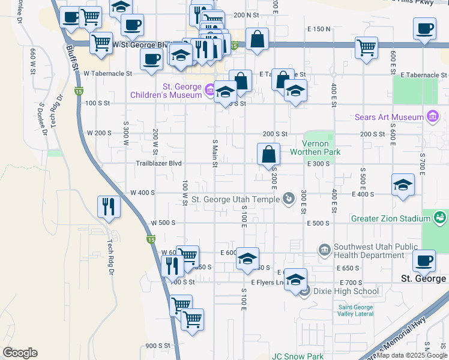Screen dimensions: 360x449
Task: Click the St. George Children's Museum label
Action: [x=166, y=91]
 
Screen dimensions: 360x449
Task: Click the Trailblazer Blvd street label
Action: [x=158, y=163]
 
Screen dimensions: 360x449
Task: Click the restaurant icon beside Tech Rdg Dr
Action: [x=108, y=206]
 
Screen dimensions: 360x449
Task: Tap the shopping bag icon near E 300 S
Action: [x=268, y=154]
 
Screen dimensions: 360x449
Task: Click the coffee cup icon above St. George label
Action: [x=424, y=260]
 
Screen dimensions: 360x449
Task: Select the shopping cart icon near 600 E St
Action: [x=366, y=47]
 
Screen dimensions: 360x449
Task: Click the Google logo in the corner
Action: [x=20, y=353]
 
